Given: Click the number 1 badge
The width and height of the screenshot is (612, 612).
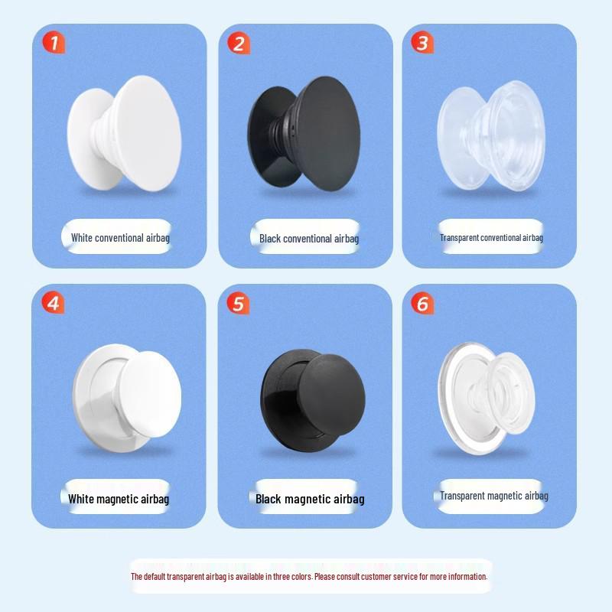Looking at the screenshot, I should (x=54, y=43).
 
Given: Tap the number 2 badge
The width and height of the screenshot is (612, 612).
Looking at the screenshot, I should (x=239, y=43).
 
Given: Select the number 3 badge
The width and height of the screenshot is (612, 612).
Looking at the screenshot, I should (x=422, y=43).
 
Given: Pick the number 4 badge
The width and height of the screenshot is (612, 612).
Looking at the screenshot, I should (x=53, y=303).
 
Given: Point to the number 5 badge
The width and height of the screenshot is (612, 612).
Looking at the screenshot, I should (x=238, y=304).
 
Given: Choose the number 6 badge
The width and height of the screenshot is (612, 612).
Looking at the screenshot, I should (x=422, y=304).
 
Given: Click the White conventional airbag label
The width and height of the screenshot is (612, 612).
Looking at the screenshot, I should (x=120, y=238).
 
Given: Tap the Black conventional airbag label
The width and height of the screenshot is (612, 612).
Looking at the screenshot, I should (x=308, y=239).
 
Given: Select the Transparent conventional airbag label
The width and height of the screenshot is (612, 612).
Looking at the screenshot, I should (x=491, y=238).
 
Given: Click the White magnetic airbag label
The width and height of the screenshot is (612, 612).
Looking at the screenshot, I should (x=119, y=499).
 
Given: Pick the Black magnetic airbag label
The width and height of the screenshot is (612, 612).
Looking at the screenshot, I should (x=310, y=499).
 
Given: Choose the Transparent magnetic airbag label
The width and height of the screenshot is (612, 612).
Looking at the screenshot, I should (x=493, y=496).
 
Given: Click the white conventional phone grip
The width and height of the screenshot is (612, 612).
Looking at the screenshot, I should (x=124, y=134).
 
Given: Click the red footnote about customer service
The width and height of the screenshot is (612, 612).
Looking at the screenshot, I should (x=309, y=577).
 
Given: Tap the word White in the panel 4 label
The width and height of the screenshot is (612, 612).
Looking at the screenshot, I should (x=82, y=499).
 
